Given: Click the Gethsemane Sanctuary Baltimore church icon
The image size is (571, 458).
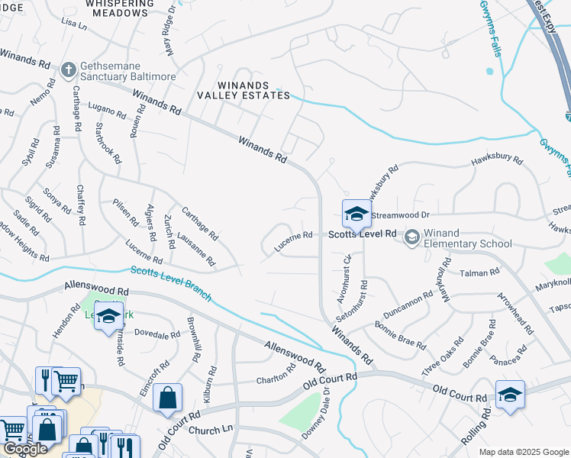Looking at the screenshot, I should (68, 69).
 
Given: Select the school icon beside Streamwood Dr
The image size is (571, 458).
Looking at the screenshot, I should (356, 214).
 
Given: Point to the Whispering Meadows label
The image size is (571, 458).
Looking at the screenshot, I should (127, 8).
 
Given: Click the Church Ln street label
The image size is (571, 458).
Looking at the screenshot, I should (209, 430).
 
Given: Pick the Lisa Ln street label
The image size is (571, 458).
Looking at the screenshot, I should (73, 24).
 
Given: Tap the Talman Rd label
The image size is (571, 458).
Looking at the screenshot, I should (479, 272).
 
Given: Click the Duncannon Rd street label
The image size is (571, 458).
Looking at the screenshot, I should (408, 309).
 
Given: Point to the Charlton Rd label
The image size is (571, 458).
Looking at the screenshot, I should (276, 376).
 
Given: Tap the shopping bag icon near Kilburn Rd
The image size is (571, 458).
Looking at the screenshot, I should (167, 398).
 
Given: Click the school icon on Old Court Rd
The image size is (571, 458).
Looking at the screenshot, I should (510, 395).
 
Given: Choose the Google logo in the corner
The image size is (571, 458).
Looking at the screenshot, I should (25, 450).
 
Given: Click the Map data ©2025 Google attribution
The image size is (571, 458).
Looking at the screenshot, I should (523, 452).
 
